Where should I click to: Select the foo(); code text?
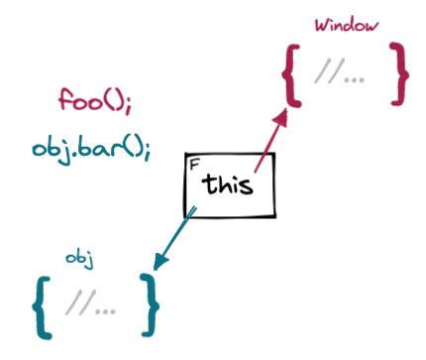point(95,103)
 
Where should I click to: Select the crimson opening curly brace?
point(291,74)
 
